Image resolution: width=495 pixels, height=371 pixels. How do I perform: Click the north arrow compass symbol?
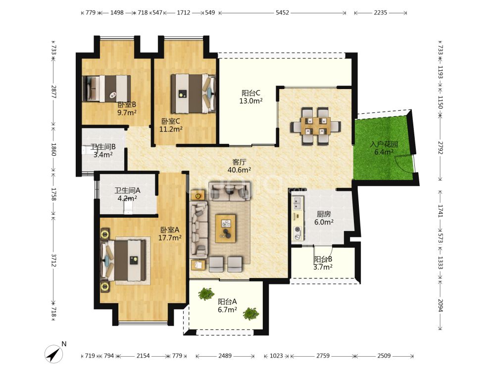53,353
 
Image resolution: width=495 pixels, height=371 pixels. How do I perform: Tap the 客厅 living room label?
239,162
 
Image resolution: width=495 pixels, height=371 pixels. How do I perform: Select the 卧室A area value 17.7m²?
170,238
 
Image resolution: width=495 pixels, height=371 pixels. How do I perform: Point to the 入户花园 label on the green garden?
384,144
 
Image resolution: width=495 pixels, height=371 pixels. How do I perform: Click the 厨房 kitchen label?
324,214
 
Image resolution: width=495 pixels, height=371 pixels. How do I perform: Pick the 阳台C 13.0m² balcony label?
251,97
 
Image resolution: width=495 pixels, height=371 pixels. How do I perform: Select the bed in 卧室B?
106,89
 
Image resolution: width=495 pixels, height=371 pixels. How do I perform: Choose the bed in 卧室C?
193,93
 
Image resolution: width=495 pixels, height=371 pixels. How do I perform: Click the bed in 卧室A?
123,261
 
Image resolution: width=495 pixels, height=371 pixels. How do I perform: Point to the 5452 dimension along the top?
282,13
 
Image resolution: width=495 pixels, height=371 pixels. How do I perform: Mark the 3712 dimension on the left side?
53,260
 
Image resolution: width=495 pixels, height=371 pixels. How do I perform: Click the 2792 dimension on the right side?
441,148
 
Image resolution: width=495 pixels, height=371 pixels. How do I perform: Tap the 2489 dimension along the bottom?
225,356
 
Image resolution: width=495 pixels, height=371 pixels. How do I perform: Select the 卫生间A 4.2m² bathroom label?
127,194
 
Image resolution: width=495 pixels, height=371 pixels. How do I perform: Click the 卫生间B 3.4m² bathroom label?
103,151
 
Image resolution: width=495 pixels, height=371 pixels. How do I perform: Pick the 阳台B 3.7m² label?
323,263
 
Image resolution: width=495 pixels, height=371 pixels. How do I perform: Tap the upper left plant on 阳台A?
206,294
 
